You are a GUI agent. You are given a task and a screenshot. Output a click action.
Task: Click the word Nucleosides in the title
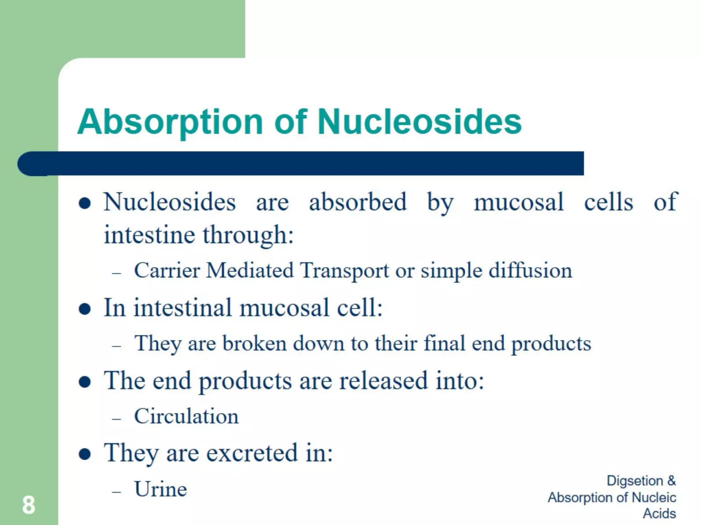(x=419, y=122)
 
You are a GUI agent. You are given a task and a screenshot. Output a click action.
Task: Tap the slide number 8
(x=28, y=505)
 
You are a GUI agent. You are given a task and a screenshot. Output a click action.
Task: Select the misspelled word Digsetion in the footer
(x=635, y=481)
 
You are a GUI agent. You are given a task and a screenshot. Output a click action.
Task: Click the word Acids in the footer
(x=659, y=513)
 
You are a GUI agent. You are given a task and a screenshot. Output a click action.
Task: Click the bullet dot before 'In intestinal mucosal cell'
(x=85, y=309)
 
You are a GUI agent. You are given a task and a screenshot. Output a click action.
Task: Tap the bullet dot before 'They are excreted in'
(x=85, y=454)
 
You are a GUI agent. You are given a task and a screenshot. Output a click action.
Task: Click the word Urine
(x=161, y=489)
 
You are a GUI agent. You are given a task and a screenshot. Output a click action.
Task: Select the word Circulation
(x=186, y=416)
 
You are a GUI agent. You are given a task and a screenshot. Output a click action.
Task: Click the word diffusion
(x=530, y=271)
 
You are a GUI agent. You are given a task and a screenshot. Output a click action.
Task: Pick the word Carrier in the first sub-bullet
(x=167, y=271)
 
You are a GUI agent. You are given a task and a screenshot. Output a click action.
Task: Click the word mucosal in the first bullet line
(x=518, y=202)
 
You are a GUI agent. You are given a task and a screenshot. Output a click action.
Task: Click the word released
(x=383, y=381)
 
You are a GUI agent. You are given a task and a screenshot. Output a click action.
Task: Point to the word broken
(x=254, y=344)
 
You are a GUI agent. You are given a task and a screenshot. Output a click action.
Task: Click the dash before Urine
(x=117, y=492)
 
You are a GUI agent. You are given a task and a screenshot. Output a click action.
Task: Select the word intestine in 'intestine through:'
(x=149, y=235)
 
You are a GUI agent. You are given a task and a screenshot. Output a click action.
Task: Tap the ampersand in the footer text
(x=671, y=481)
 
